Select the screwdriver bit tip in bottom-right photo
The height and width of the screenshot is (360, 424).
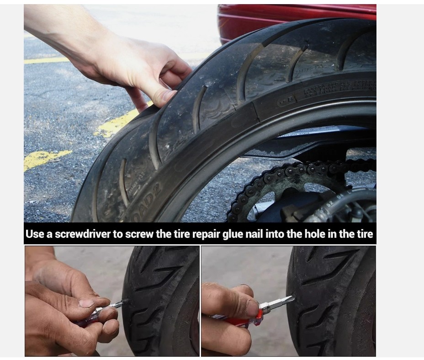coord(288,300)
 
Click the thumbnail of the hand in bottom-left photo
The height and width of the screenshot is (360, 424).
coord(87,303)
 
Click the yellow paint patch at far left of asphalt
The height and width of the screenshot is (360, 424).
coord(46,158)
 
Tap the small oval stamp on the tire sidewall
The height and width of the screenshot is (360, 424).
coord(286,100)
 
